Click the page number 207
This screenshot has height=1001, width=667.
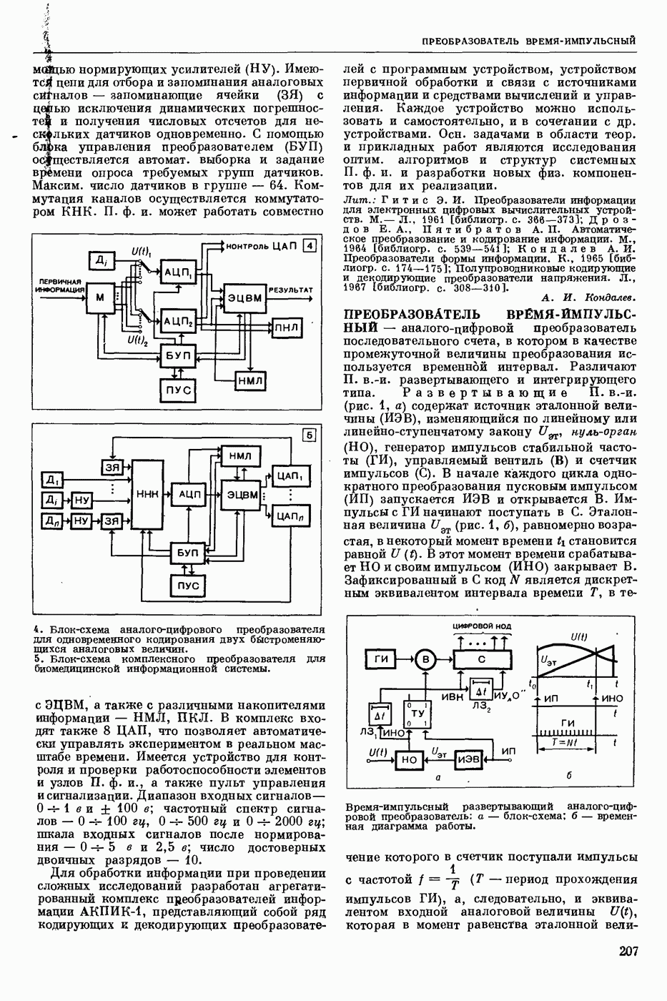click(625, 952)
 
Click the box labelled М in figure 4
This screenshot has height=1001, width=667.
click(99, 296)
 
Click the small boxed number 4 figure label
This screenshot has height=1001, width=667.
click(309, 246)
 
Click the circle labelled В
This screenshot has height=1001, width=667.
click(426, 659)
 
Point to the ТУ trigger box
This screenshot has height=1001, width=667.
click(418, 714)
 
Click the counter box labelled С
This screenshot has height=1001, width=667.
click(481, 659)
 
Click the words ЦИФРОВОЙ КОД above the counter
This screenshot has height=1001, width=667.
click(483, 626)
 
